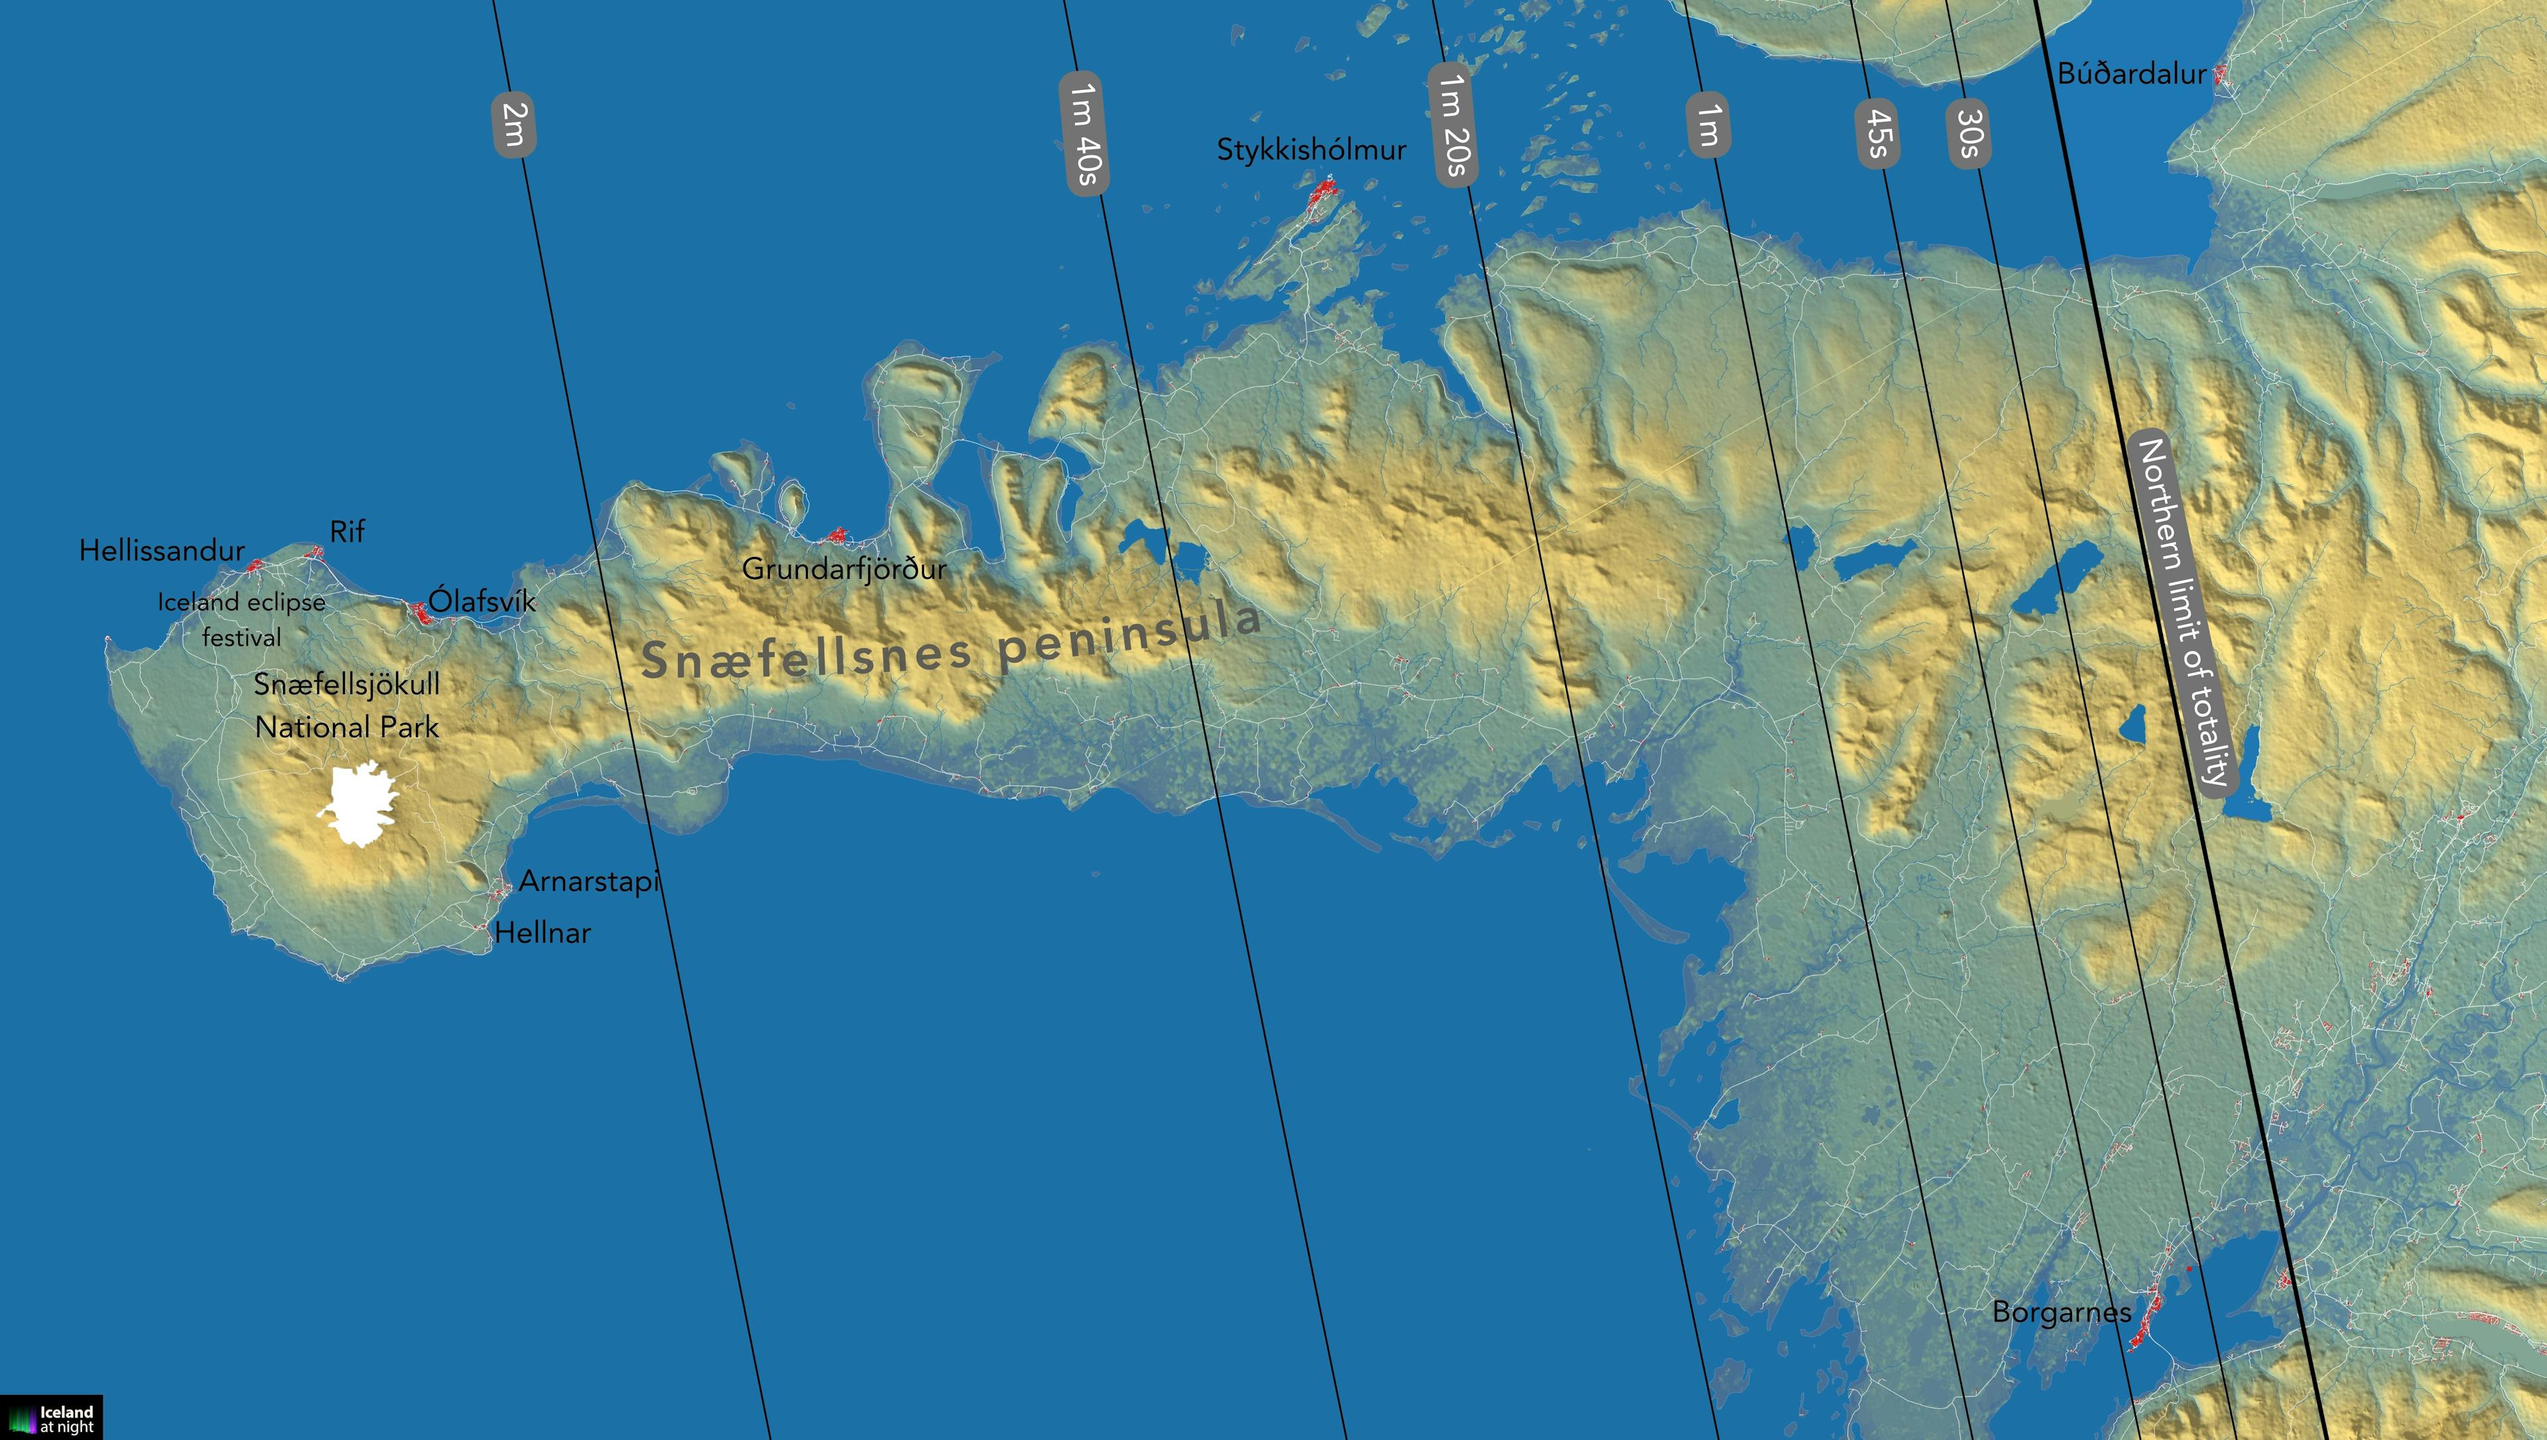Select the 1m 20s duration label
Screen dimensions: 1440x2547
coord(1452,125)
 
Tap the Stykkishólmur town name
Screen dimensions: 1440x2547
coord(1311,150)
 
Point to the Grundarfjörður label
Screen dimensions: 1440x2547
coord(844,569)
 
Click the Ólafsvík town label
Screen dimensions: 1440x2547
coord(482,600)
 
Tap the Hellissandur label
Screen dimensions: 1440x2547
coord(161,551)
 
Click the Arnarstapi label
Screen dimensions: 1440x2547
coord(588,881)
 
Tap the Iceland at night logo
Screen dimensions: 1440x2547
coord(52,1417)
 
